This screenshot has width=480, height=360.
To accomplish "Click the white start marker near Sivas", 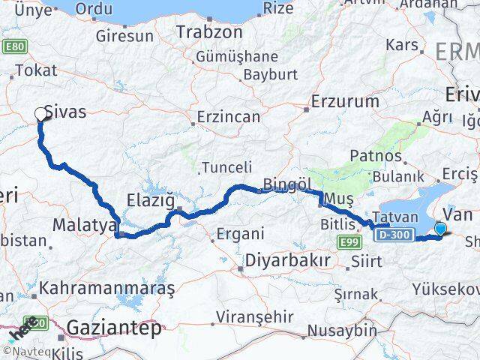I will click(x=40, y=115).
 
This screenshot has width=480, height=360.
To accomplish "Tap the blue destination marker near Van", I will click(x=440, y=229).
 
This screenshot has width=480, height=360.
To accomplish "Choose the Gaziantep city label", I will click(x=113, y=328).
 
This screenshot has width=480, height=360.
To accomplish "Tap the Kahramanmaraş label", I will click(x=106, y=288).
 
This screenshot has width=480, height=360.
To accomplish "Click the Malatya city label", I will click(x=84, y=224).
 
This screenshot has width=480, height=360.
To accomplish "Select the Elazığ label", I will click(x=148, y=202).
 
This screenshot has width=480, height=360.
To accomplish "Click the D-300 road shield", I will click(x=394, y=235).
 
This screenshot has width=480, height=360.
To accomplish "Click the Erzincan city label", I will click(x=228, y=117).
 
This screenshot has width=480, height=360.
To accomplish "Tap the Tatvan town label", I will click(x=388, y=216).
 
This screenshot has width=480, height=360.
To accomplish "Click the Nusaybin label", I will click(x=346, y=330).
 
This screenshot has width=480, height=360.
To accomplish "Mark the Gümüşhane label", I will click(x=236, y=57).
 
